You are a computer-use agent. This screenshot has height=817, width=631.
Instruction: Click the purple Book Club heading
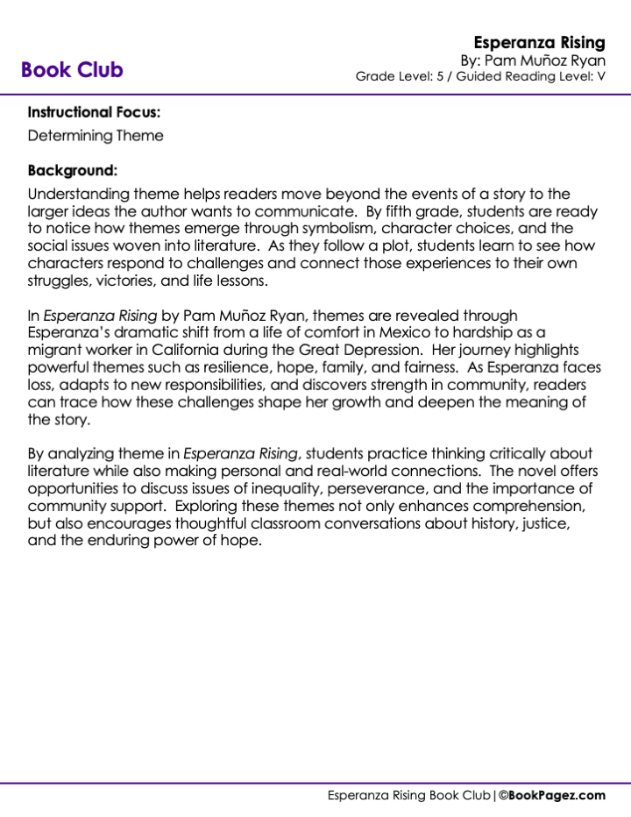click(72, 70)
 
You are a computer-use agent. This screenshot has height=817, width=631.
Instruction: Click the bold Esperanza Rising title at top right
click(539, 42)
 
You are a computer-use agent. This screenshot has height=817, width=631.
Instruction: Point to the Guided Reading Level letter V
click(601, 76)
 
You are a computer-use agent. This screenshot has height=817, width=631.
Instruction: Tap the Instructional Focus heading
click(94, 112)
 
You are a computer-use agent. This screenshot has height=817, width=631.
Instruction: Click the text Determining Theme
click(96, 136)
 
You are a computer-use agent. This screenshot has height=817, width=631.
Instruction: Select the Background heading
click(72, 170)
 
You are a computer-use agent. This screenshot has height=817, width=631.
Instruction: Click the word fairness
click(427, 366)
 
